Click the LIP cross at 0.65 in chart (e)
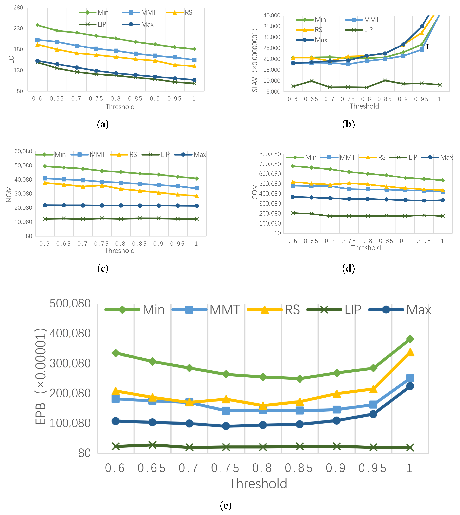pyautogui.click(x=152, y=445)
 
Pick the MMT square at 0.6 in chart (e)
pyautogui.click(x=115, y=399)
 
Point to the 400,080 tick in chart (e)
pyautogui.click(x=70, y=334)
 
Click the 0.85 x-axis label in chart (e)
pyautogui.click(x=299, y=468)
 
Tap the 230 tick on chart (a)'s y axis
pyautogui.click(x=18, y=28)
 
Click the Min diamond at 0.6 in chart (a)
pyautogui.click(x=37, y=25)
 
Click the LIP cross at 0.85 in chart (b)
pyautogui.click(x=385, y=80)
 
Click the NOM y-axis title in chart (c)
pyautogui.click(x=9, y=194)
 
